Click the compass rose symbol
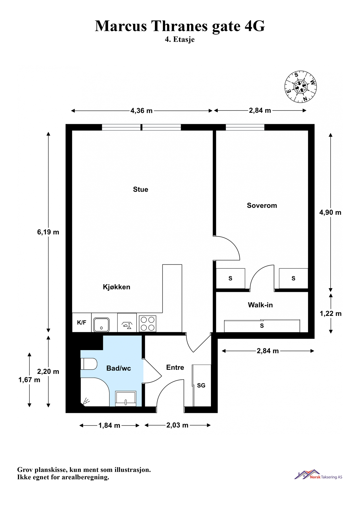pyautogui.click(x=300, y=87)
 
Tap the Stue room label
pyautogui.click(x=141, y=189)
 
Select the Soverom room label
pyautogui.click(x=262, y=206)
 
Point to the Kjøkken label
pyautogui.click(x=117, y=287)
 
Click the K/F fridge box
pyautogui.click(x=82, y=323)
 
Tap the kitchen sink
pyautogui.click(x=102, y=325)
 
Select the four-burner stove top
pyautogui.click(x=148, y=323)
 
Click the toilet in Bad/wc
pyautogui.click(x=89, y=364)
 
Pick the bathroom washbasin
pyautogui.click(x=126, y=398)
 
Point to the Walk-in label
pyautogui.click(x=260, y=305)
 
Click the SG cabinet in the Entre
pyautogui.click(x=202, y=385)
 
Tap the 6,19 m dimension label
pyautogui.click(x=48, y=232)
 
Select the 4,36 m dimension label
pyautogui.click(x=141, y=111)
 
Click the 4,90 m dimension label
pyautogui.click(x=330, y=212)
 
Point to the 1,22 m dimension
pyautogui.click(x=331, y=314)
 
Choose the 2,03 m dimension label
pyautogui.click(x=177, y=425)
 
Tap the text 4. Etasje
pyautogui.click(x=180, y=39)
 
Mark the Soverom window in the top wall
pyautogui.click(x=245, y=127)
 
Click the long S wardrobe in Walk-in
pyautogui.click(x=262, y=326)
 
